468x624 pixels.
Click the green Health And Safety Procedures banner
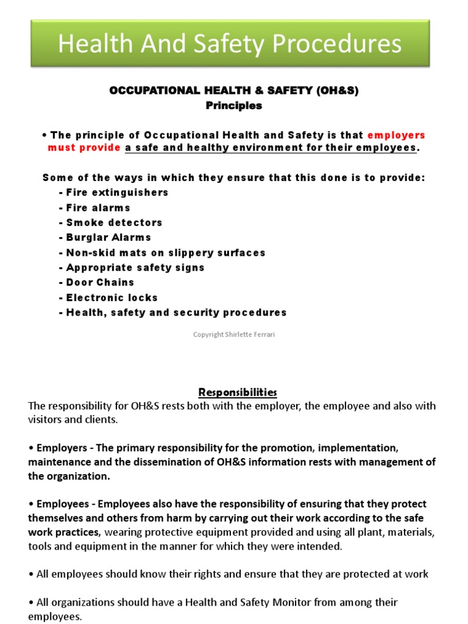(x=230, y=44)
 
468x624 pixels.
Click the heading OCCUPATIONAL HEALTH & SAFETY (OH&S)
(x=234, y=90)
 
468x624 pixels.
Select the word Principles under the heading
(x=234, y=105)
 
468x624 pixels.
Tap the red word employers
(x=396, y=135)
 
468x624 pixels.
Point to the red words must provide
(x=84, y=148)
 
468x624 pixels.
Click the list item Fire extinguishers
(x=113, y=193)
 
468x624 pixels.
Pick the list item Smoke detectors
(x=111, y=222)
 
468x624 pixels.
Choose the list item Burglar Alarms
(x=105, y=238)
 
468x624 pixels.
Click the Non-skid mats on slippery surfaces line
(x=162, y=252)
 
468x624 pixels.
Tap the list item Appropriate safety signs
(x=132, y=268)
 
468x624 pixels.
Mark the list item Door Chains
(x=96, y=282)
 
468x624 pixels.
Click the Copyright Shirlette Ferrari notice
(x=234, y=335)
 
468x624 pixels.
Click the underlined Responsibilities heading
(x=234, y=392)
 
